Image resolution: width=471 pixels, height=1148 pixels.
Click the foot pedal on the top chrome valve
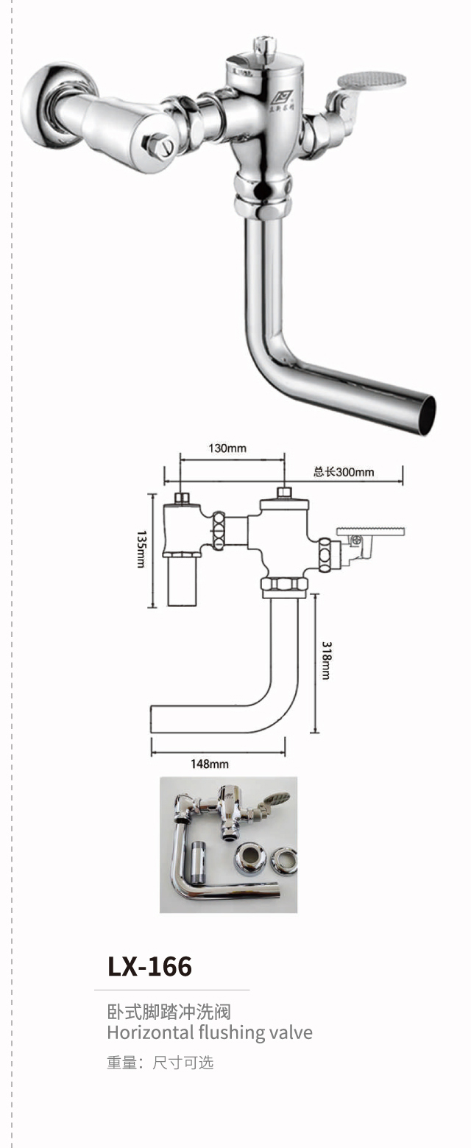[x=372, y=80]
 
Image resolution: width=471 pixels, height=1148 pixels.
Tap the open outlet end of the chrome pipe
[x=425, y=415]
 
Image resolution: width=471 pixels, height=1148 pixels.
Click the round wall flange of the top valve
[x=46, y=103]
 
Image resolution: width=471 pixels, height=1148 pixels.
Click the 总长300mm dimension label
[x=344, y=472]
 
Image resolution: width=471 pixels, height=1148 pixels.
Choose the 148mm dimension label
[x=210, y=764]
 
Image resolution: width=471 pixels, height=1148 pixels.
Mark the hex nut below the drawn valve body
[x=284, y=586]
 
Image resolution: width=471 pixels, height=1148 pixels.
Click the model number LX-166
[x=149, y=966]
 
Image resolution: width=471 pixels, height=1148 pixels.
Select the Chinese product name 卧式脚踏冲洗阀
[x=169, y=1012]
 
